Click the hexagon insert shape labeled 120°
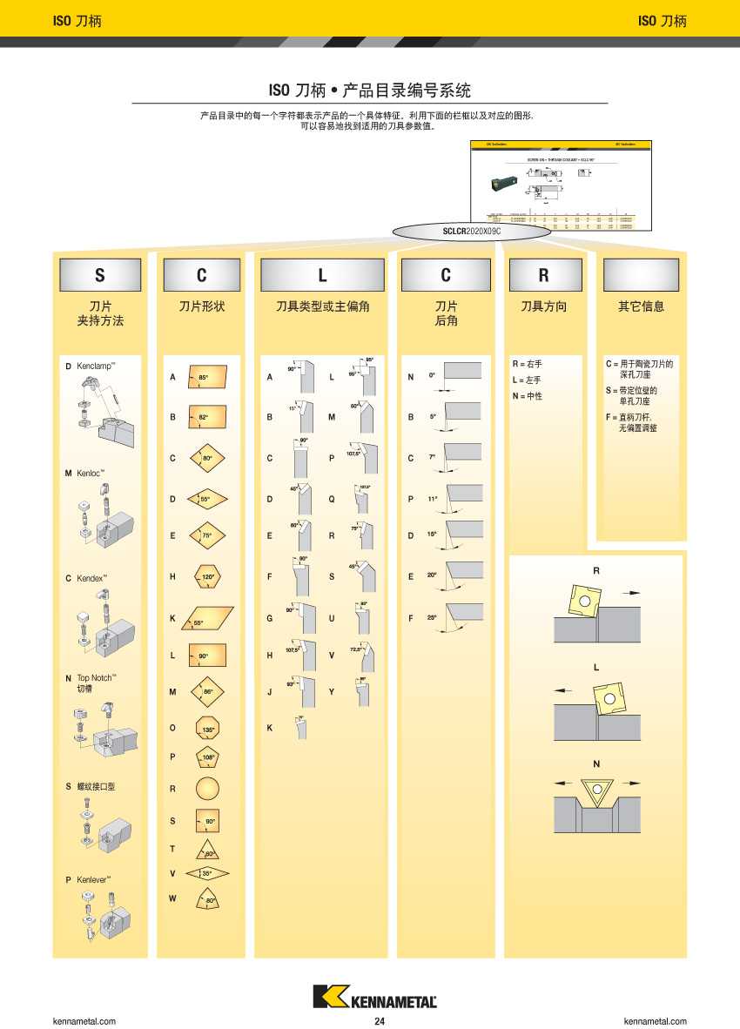pyautogui.click(x=207, y=576)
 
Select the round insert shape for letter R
pyautogui.click(x=207, y=790)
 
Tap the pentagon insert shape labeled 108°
pyautogui.click(x=207, y=757)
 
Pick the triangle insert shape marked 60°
pyautogui.click(x=207, y=851)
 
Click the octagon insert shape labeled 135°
pyautogui.click(x=207, y=729)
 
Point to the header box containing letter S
pyautogui.click(x=99, y=275)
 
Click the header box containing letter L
pyautogui.click(x=322, y=275)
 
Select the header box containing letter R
pyautogui.click(x=544, y=275)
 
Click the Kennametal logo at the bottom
pyautogui.click(x=374, y=998)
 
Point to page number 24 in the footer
pyautogui.click(x=380, y=1021)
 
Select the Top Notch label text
pyautogui.click(x=96, y=677)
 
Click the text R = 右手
pyautogui.click(x=527, y=364)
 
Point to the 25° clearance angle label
pyautogui.click(x=432, y=617)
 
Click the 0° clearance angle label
pyautogui.click(x=432, y=375)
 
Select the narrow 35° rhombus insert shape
pyautogui.click(x=207, y=872)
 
